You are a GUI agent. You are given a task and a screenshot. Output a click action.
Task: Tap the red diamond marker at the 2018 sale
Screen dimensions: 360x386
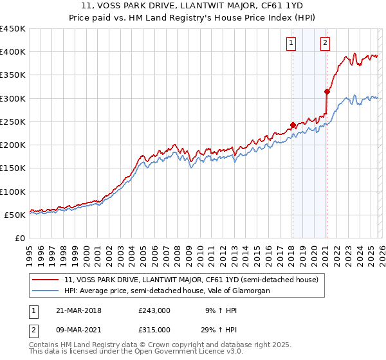[293, 125]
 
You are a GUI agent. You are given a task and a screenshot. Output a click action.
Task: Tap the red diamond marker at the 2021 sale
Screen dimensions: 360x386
[327, 91]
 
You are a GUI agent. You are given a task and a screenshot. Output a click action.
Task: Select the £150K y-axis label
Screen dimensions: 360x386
[13, 168]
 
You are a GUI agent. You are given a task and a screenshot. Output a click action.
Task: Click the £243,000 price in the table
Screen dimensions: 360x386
[154, 310]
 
